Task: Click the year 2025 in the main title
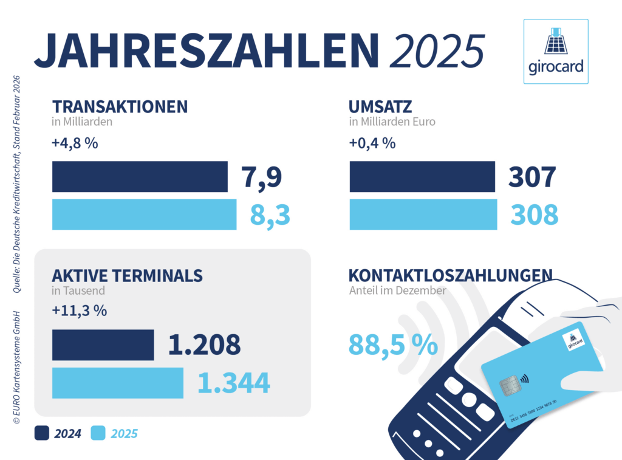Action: [x=437, y=49]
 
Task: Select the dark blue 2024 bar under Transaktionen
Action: [x=140, y=176]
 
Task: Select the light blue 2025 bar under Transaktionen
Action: [x=144, y=215]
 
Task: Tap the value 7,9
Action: [x=263, y=177]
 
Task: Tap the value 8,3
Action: [x=270, y=215]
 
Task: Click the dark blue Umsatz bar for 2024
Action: [x=422, y=176]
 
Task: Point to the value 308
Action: [x=534, y=215]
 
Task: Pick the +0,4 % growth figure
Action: [x=372, y=144]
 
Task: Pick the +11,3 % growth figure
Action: [x=80, y=311]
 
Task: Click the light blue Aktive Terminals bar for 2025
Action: [x=118, y=383]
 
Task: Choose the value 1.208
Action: [x=204, y=345]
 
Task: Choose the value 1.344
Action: [x=233, y=383]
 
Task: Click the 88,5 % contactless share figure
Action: [x=393, y=345]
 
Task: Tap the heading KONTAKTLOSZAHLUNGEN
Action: [x=450, y=275]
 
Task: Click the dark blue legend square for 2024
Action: [x=42, y=433]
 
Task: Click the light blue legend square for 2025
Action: [x=98, y=433]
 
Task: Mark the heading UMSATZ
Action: [x=380, y=107]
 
